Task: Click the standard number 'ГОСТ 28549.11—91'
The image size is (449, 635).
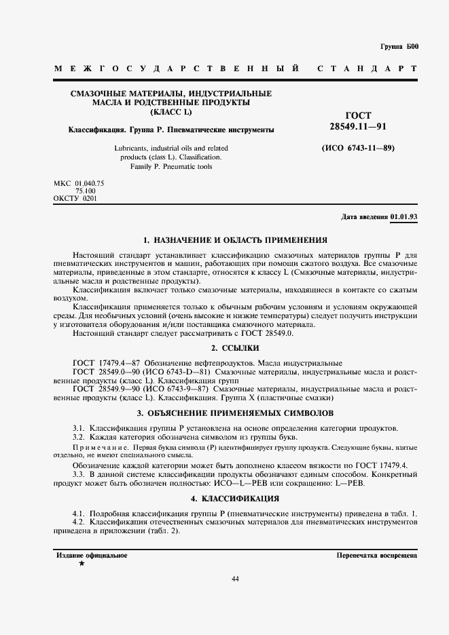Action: click(358, 121)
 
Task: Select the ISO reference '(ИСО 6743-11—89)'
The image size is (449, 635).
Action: click(357, 148)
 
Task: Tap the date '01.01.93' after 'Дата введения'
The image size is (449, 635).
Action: click(403, 217)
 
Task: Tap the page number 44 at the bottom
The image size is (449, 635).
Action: click(235, 579)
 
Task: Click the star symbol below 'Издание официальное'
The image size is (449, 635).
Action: click(82, 564)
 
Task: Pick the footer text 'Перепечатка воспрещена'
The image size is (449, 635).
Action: click(376, 556)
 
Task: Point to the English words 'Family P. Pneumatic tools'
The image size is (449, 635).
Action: click(171, 166)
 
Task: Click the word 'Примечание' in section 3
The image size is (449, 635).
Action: click(95, 450)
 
